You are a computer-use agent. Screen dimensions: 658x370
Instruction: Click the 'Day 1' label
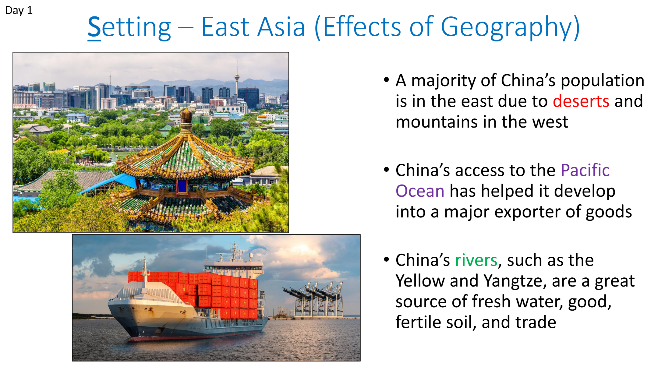(19, 11)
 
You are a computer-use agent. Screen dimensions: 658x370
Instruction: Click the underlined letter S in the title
(94, 27)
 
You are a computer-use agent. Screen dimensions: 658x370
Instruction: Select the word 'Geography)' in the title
(510, 28)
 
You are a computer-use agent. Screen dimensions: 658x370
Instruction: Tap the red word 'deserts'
(581, 101)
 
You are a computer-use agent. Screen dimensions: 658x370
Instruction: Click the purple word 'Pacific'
(585, 170)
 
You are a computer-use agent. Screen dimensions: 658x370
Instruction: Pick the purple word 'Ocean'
(420, 191)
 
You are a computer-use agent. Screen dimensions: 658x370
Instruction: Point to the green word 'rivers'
(476, 260)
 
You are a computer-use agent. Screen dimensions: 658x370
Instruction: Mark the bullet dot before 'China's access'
(387, 170)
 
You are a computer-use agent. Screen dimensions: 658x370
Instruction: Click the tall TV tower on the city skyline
(237, 78)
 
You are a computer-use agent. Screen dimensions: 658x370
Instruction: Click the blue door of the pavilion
(182, 186)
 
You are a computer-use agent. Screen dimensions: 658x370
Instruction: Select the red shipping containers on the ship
(195, 294)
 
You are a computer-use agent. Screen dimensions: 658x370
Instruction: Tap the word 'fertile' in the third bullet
(418, 322)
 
